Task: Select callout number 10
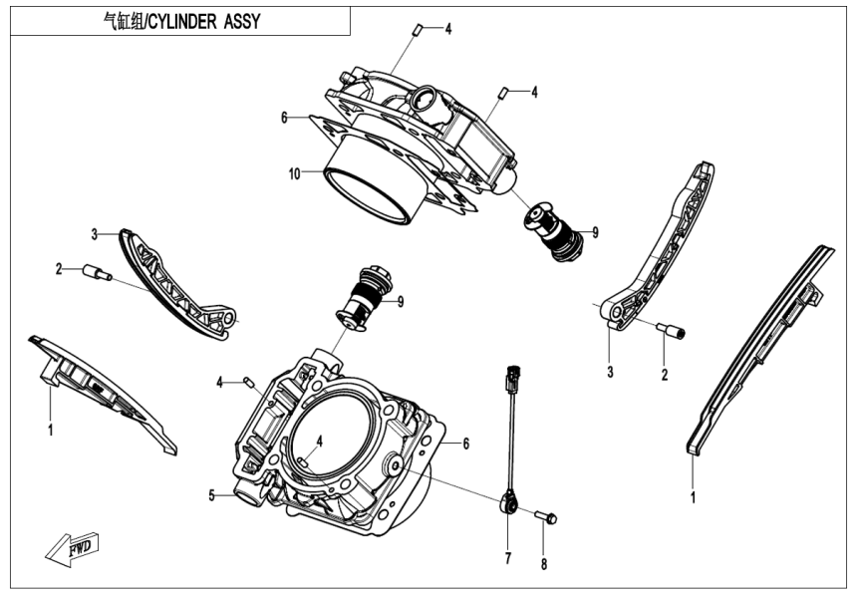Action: point(294,173)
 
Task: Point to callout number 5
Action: point(211,494)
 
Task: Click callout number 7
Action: point(507,558)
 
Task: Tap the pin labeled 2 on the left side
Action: point(96,271)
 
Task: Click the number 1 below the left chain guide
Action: point(50,431)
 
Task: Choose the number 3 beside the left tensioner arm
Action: point(94,234)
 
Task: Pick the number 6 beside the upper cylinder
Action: point(284,117)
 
